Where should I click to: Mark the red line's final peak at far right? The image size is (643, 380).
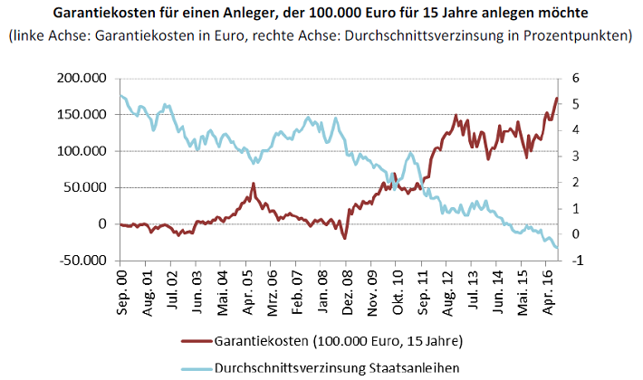pos(556,98)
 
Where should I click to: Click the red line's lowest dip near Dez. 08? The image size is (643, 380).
pos(345,238)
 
